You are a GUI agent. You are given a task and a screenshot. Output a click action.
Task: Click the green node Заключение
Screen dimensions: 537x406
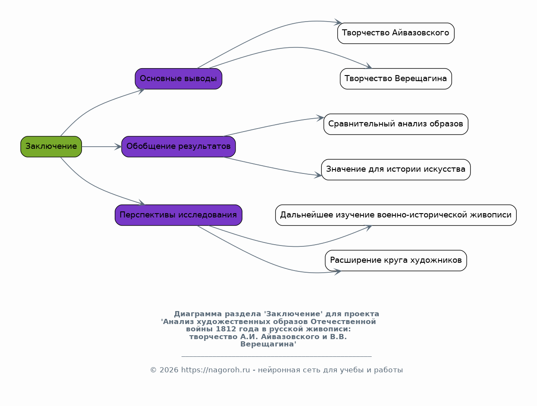click(x=51, y=147)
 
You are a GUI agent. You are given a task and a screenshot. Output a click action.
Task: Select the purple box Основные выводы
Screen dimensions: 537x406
click(x=179, y=79)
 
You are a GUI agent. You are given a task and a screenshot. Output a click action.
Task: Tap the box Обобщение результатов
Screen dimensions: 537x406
click(x=179, y=147)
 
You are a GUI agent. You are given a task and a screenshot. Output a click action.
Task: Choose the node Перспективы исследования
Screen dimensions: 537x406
click(x=179, y=215)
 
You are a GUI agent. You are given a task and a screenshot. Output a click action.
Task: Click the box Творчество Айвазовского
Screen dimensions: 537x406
click(x=396, y=33)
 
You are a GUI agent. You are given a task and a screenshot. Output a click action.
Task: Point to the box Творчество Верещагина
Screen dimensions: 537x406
click(x=396, y=79)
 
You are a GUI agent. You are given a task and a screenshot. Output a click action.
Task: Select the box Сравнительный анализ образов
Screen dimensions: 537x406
click(x=396, y=124)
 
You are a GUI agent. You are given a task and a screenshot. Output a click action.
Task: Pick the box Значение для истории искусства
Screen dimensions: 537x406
click(x=396, y=170)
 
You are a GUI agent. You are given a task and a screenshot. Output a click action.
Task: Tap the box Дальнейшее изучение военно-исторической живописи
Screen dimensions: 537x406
click(x=396, y=215)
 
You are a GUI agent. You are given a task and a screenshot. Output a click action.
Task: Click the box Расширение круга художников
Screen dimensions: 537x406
click(x=396, y=261)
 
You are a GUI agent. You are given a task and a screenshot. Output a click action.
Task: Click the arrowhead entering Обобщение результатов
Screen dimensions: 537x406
click(x=118, y=147)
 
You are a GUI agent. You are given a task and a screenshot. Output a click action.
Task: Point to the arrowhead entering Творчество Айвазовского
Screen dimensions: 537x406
click(x=338, y=22)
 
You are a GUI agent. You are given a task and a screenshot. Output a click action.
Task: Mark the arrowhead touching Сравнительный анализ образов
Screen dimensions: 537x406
click(x=320, y=118)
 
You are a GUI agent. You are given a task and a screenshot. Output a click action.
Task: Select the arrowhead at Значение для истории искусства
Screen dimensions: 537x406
click(x=318, y=175)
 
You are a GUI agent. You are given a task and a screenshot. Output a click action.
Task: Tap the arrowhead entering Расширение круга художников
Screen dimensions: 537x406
click(x=338, y=272)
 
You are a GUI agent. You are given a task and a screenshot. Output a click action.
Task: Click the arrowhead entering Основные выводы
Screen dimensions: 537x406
click(x=141, y=91)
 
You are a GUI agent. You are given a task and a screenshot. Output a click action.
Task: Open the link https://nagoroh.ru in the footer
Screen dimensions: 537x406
click(x=216, y=370)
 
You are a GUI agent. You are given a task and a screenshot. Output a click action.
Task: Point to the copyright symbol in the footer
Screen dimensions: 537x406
click(x=153, y=370)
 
